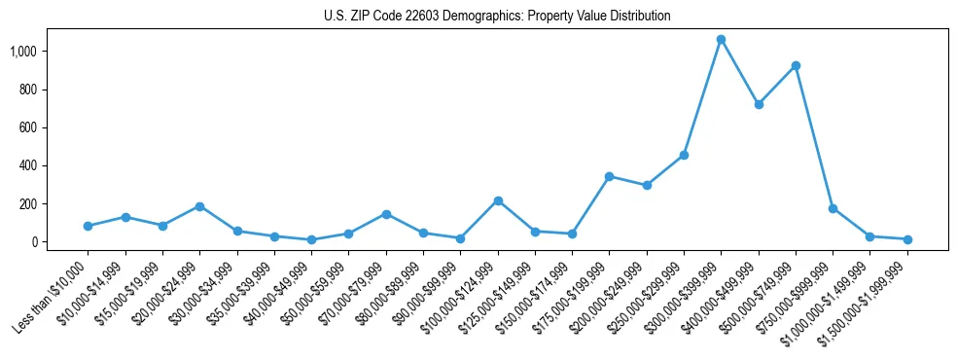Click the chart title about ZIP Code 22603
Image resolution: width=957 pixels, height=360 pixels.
tap(497, 17)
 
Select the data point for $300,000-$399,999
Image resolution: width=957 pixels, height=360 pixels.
tap(721, 39)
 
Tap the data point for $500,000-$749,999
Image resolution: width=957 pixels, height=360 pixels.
tap(796, 65)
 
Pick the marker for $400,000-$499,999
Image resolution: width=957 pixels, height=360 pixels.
tap(759, 104)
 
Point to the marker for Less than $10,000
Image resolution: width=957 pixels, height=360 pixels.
tap(88, 226)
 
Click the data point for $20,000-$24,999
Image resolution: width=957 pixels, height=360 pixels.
tap(199, 206)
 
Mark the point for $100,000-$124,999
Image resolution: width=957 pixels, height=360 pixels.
tap(498, 200)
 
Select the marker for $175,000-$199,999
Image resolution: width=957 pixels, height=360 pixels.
tap(609, 176)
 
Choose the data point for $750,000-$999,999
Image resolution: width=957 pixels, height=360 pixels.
tap(833, 208)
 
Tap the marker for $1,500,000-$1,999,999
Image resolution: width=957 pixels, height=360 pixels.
tap(907, 239)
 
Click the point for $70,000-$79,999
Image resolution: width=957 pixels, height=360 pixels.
tap(386, 214)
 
